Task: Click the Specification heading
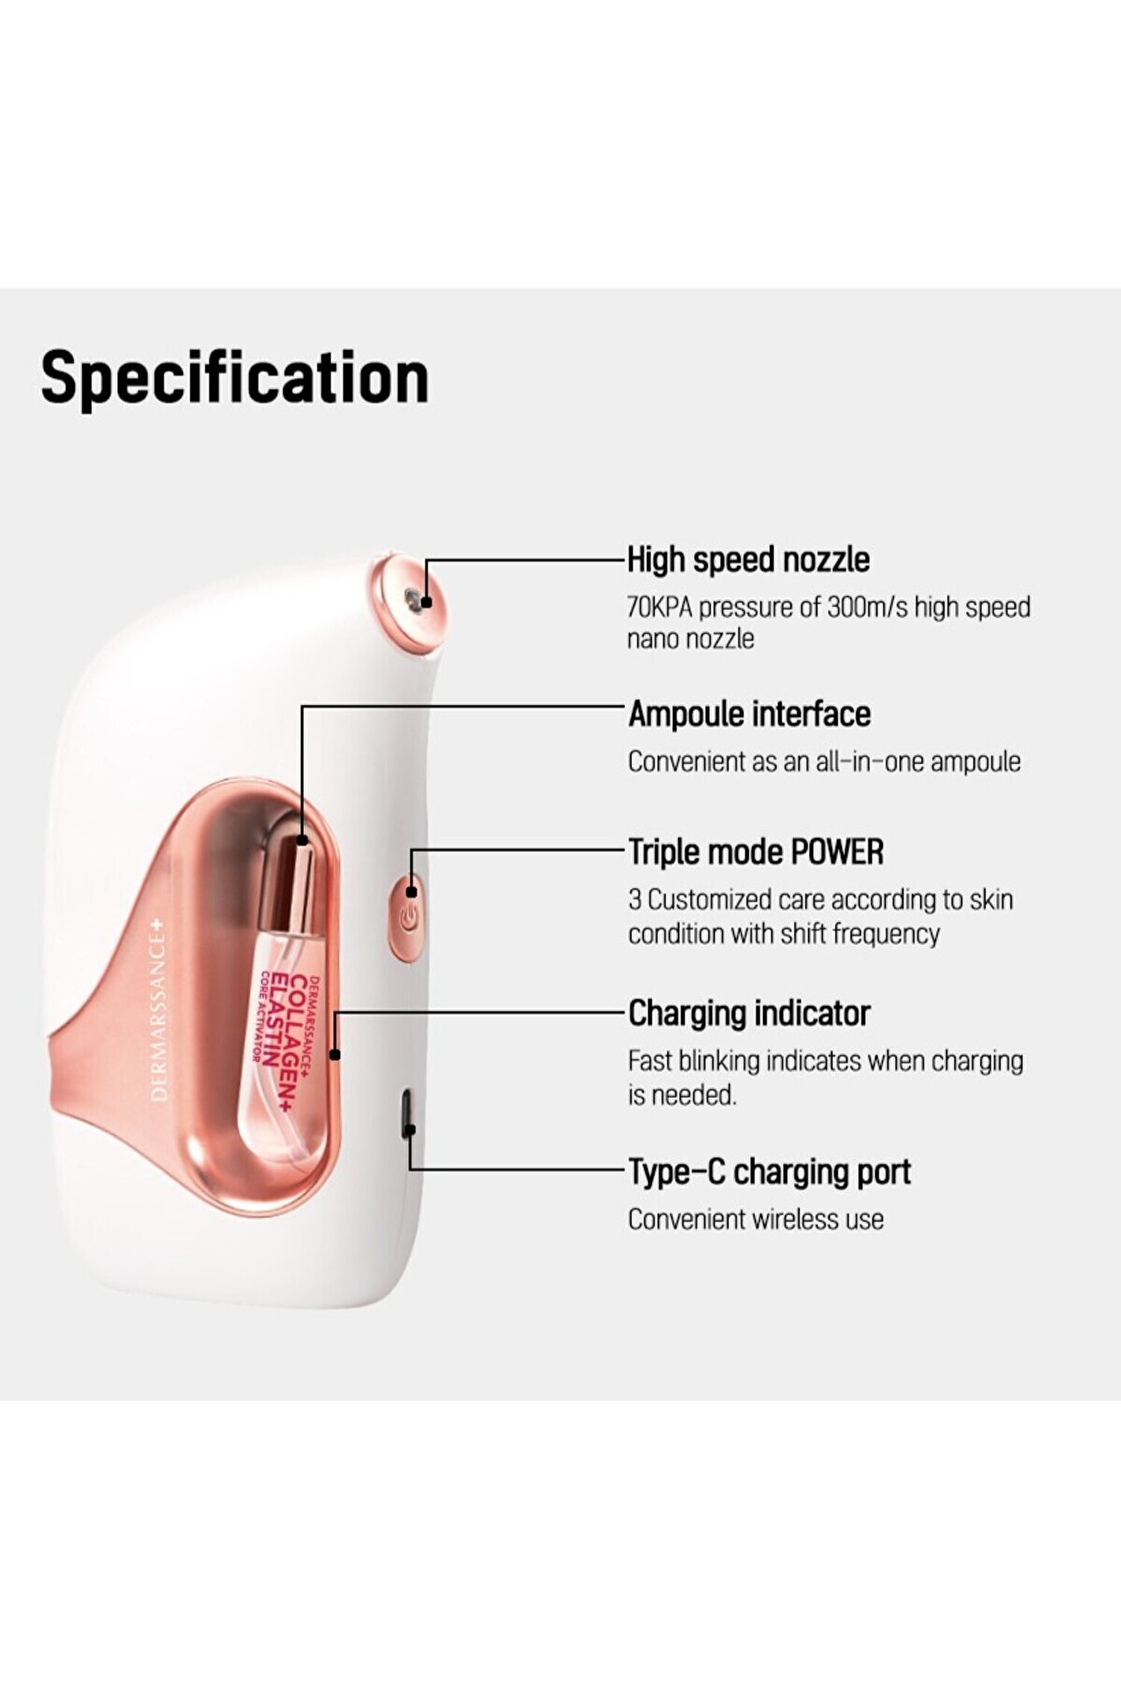point(235,379)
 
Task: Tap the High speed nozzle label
point(748,559)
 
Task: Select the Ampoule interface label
point(749,714)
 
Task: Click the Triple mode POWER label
point(756,852)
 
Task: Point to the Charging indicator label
point(749,1013)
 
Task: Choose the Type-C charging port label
point(769,1172)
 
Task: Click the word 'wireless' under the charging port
point(796,1219)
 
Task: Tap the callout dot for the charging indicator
point(335,1054)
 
